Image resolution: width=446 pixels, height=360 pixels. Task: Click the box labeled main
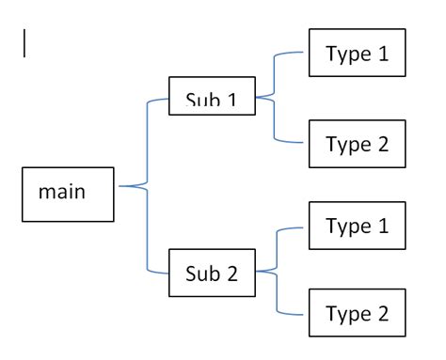click(x=68, y=196)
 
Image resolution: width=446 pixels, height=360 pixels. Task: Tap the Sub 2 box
click(x=212, y=275)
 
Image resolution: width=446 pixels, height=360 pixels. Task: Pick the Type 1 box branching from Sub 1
click(x=357, y=55)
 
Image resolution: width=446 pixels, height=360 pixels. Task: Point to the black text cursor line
click(x=23, y=44)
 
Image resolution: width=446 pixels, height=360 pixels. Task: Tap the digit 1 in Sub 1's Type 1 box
click(x=381, y=55)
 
